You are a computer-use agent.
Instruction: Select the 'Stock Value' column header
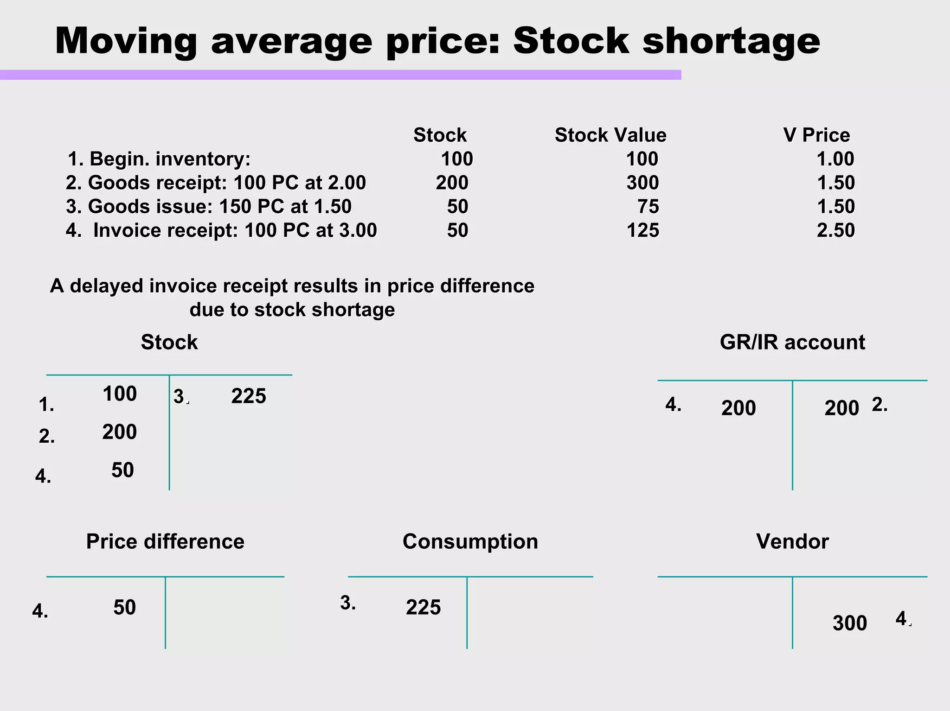610,135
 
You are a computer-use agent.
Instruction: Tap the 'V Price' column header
816,135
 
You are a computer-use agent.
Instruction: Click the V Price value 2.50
835,230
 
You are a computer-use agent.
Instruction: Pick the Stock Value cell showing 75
648,206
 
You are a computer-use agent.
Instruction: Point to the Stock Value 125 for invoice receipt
642,230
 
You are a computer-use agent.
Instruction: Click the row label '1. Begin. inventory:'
159,159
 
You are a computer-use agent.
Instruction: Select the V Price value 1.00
835,159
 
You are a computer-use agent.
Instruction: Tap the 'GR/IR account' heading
792,342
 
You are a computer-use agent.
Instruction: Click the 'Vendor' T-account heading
792,541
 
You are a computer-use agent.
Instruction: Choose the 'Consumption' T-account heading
470,541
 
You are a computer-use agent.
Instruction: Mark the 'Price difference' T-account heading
165,541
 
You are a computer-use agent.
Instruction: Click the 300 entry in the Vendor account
849,623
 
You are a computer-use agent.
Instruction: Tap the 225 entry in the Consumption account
423,607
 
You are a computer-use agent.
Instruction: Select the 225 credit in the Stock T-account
249,396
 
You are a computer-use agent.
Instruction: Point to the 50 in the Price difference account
124,607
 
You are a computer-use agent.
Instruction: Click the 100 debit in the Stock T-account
120,394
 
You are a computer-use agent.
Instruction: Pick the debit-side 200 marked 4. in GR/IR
738,408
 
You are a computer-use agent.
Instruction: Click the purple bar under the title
340,75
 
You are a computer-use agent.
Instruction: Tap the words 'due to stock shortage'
292,310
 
